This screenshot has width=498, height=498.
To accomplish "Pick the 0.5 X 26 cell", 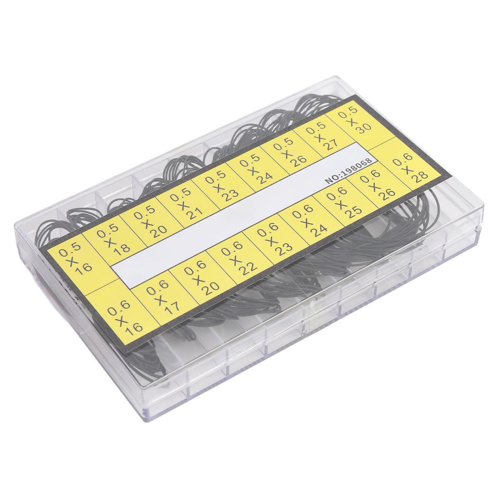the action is (x=290, y=152).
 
